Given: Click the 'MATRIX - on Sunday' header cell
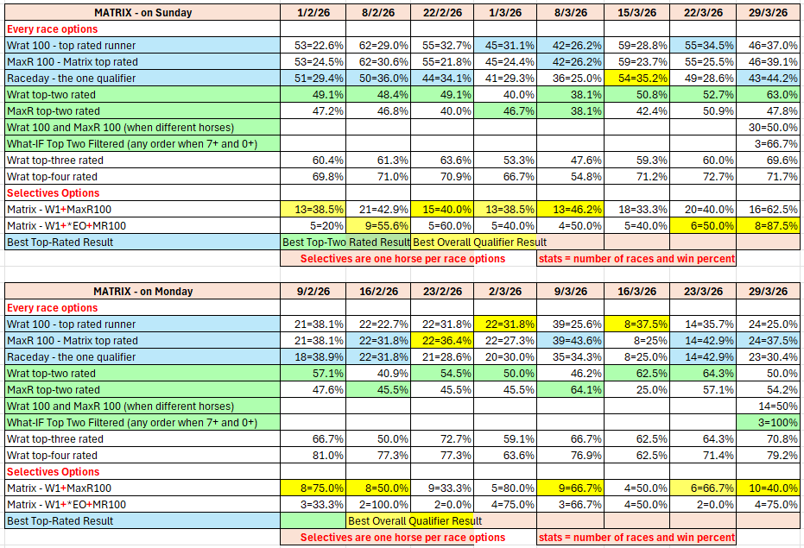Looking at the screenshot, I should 142,13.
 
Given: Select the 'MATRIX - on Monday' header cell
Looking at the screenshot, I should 142,292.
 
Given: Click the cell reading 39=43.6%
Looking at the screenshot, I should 570,341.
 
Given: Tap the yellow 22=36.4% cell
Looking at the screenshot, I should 443,341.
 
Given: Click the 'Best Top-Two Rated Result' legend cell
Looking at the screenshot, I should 346,243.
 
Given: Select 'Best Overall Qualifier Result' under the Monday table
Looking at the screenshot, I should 415,521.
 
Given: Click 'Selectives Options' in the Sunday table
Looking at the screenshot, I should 54,193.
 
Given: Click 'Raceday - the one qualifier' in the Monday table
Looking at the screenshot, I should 72,357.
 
